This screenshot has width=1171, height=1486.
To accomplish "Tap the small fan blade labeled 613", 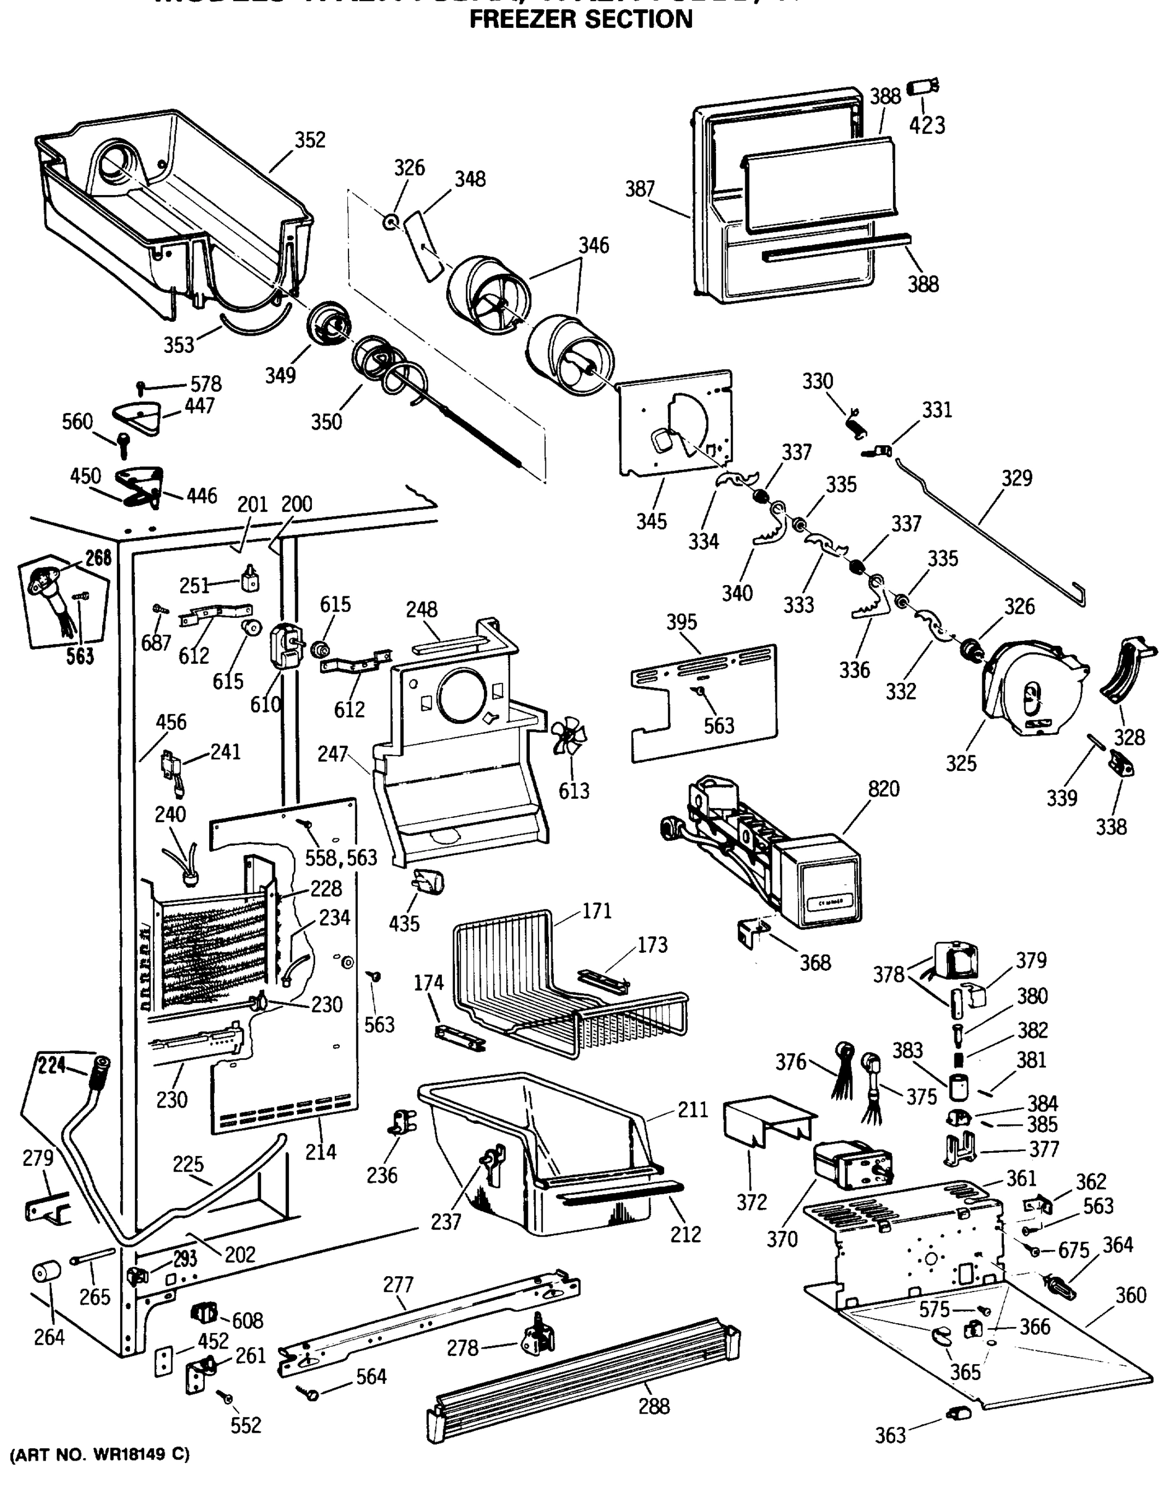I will (x=568, y=740).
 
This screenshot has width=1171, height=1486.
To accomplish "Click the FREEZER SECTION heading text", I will (x=581, y=19).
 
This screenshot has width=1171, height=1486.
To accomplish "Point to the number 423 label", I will (x=927, y=126).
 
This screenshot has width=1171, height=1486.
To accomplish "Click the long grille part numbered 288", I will (x=583, y=1371).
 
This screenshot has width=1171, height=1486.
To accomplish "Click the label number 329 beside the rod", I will (x=1016, y=478).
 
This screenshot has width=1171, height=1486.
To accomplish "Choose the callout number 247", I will (x=332, y=754).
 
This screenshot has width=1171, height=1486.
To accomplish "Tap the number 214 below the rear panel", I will (x=320, y=1152).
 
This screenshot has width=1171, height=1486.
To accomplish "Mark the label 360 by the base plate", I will (x=1131, y=1295).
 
